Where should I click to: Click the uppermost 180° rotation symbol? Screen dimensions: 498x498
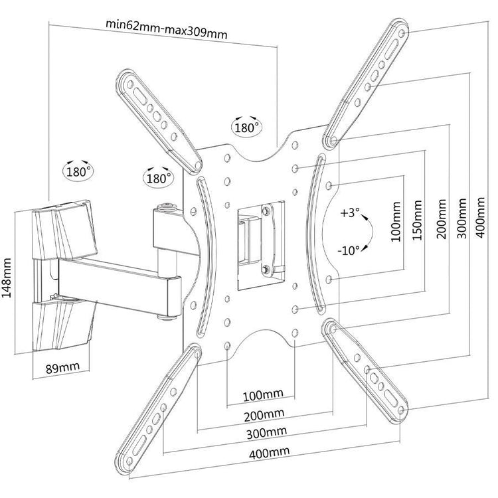pos(246,126)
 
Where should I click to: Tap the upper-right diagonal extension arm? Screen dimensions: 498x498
pos(369,82)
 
